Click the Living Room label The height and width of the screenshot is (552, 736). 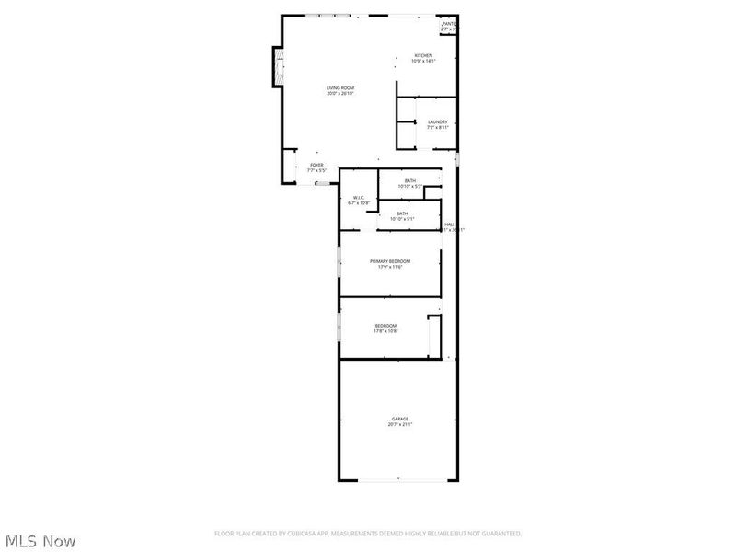(340, 88)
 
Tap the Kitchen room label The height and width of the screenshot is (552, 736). (423, 55)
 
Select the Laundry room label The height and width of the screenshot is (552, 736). (437, 121)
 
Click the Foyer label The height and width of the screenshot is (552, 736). (316, 165)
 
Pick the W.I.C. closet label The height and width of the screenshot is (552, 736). (360, 198)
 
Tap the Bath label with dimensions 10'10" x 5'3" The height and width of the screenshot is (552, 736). (409, 180)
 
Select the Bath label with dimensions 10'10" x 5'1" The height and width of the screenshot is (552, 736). (402, 213)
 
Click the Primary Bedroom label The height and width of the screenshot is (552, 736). (390, 261)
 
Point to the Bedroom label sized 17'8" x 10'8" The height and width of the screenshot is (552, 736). (385, 326)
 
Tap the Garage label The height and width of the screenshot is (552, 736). (399, 420)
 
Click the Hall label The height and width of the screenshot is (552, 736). (450, 224)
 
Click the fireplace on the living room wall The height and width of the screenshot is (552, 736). (276, 65)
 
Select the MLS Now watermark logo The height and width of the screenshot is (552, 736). (40, 541)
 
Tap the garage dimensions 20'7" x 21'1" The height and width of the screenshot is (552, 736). (399, 425)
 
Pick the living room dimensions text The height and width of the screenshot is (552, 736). (340, 94)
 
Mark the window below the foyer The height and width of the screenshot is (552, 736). (322, 183)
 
